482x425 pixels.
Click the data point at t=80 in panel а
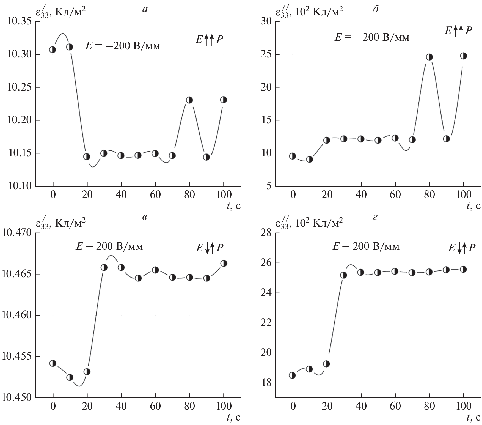point(189,100)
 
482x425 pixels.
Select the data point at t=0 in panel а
point(53,50)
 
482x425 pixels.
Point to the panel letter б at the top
point(376,10)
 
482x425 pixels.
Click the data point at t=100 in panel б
point(463,56)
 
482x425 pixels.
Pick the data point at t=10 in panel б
point(310,159)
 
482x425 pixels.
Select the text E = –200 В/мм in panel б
point(371,37)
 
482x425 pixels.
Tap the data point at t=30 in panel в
point(104,267)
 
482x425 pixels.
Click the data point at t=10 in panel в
point(70,377)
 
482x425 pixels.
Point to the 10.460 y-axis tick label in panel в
point(17,315)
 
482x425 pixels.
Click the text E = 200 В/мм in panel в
point(109,246)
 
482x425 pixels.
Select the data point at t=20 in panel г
point(326,364)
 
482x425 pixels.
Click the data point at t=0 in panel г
point(292,375)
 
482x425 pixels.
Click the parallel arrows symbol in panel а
point(209,40)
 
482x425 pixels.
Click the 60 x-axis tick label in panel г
point(395,406)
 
